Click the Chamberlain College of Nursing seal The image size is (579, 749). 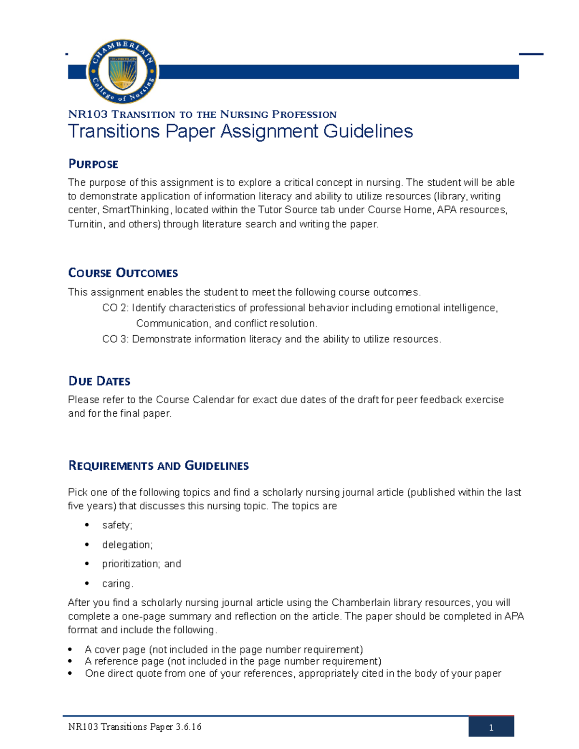[x=123, y=72]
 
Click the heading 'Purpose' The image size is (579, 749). [x=93, y=164]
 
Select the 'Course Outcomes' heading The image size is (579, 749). [x=123, y=273]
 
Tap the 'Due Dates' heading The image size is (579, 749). [x=99, y=381]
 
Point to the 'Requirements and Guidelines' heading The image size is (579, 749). [x=158, y=465]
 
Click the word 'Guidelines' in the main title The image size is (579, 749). [x=368, y=131]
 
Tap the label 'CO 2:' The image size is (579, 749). [x=115, y=308]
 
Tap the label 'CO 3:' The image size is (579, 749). [x=115, y=339]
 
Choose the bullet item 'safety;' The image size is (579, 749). [x=117, y=525]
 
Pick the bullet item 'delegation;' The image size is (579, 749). [x=127, y=545]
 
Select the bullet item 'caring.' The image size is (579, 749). [x=117, y=584]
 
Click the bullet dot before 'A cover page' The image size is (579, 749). [x=70, y=649]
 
